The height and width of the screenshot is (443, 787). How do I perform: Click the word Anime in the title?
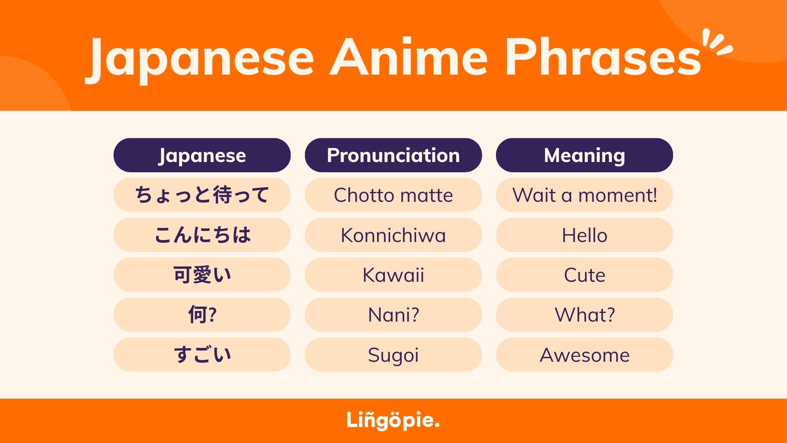pyautogui.click(x=409, y=57)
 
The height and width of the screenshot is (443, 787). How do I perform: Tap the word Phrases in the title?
pyautogui.click(x=603, y=57)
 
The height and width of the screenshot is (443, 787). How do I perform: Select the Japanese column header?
pyautogui.click(x=202, y=155)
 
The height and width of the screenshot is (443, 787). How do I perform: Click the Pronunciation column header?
pyautogui.click(x=393, y=155)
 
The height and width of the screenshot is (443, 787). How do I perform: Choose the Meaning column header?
pyautogui.click(x=584, y=155)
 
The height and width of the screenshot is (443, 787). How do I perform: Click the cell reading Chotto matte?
pyautogui.click(x=393, y=195)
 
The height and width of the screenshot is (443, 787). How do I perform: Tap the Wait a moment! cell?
pyautogui.click(x=584, y=195)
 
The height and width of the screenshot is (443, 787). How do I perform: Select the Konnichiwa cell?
pyautogui.click(x=393, y=235)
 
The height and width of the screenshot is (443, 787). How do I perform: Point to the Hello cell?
pyautogui.click(x=584, y=235)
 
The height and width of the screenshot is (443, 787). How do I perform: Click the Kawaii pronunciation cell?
pyautogui.click(x=393, y=275)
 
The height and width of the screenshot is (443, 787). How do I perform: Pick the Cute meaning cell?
pyautogui.click(x=584, y=275)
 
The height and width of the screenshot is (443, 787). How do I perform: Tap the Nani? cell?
pyautogui.click(x=393, y=315)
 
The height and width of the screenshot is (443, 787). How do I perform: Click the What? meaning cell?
pyautogui.click(x=584, y=315)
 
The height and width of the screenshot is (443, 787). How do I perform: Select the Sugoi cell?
pyautogui.click(x=393, y=355)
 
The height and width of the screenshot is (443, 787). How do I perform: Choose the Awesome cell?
pyautogui.click(x=584, y=355)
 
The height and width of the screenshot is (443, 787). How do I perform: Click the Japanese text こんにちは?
pyautogui.click(x=202, y=235)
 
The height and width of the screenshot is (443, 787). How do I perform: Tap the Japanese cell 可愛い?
pyautogui.click(x=202, y=275)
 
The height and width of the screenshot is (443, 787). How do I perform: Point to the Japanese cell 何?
pyautogui.click(x=202, y=315)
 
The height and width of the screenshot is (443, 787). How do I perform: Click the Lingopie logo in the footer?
pyautogui.click(x=393, y=420)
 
